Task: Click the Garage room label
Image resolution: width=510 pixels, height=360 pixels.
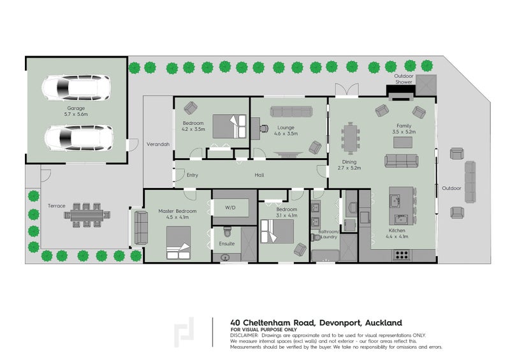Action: click(x=76, y=108)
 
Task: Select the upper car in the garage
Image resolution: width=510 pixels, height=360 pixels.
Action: click(x=76, y=88)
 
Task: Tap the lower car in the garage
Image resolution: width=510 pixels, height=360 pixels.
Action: click(x=78, y=138)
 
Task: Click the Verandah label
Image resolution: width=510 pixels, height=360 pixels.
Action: click(x=158, y=144)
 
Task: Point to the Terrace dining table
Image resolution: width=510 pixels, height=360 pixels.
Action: click(x=87, y=215)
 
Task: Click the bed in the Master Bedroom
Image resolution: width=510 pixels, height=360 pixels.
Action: click(x=178, y=243)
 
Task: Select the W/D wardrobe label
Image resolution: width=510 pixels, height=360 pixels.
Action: click(x=230, y=208)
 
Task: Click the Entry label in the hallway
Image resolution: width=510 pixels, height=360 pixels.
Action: click(x=193, y=175)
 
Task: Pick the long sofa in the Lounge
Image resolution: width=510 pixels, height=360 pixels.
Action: click(x=291, y=112)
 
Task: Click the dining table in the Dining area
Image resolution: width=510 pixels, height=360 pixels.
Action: click(x=350, y=138)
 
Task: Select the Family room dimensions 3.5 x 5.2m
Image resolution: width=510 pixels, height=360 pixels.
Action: click(x=404, y=132)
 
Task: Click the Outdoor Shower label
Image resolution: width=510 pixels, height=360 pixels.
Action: click(x=404, y=79)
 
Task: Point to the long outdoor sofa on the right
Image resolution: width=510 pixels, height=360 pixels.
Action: click(x=470, y=182)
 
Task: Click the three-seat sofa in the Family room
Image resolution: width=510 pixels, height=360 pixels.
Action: click(x=402, y=161)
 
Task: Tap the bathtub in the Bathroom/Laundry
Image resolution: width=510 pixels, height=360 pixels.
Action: click(x=325, y=256)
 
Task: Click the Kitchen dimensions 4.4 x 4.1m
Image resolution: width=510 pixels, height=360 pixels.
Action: click(x=397, y=236)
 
